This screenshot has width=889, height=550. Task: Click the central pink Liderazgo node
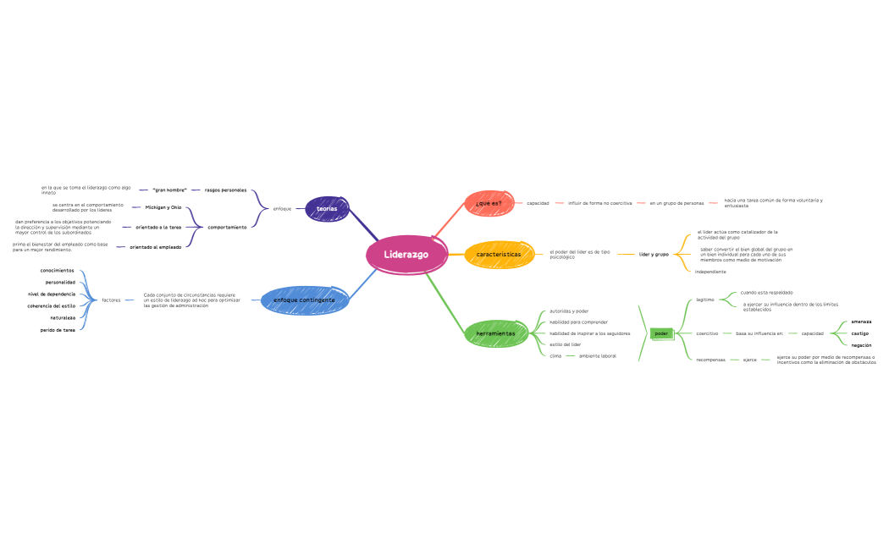click(406, 254)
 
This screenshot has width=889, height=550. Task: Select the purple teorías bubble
click(327, 208)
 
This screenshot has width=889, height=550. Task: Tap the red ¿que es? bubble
click(489, 203)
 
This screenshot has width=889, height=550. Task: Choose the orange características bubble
click(499, 254)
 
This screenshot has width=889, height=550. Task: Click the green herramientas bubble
click(495, 333)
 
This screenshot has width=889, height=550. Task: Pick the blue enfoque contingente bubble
click(304, 300)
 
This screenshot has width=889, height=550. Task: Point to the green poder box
click(661, 333)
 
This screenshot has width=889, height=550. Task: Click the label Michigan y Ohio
click(163, 207)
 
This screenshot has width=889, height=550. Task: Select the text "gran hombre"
click(169, 190)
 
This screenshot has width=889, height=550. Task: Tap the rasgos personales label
click(225, 190)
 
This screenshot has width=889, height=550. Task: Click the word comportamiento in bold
click(227, 227)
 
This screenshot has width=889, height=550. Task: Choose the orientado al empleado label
click(155, 247)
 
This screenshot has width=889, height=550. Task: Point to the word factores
click(111, 300)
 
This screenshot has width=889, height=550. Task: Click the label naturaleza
click(63, 317)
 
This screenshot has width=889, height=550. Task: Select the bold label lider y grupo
click(654, 254)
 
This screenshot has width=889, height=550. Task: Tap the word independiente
click(710, 272)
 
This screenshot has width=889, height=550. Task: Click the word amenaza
click(861, 322)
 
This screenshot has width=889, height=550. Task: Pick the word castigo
click(860, 333)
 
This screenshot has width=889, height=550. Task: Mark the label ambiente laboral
click(598, 356)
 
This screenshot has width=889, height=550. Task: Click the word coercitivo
click(707, 333)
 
